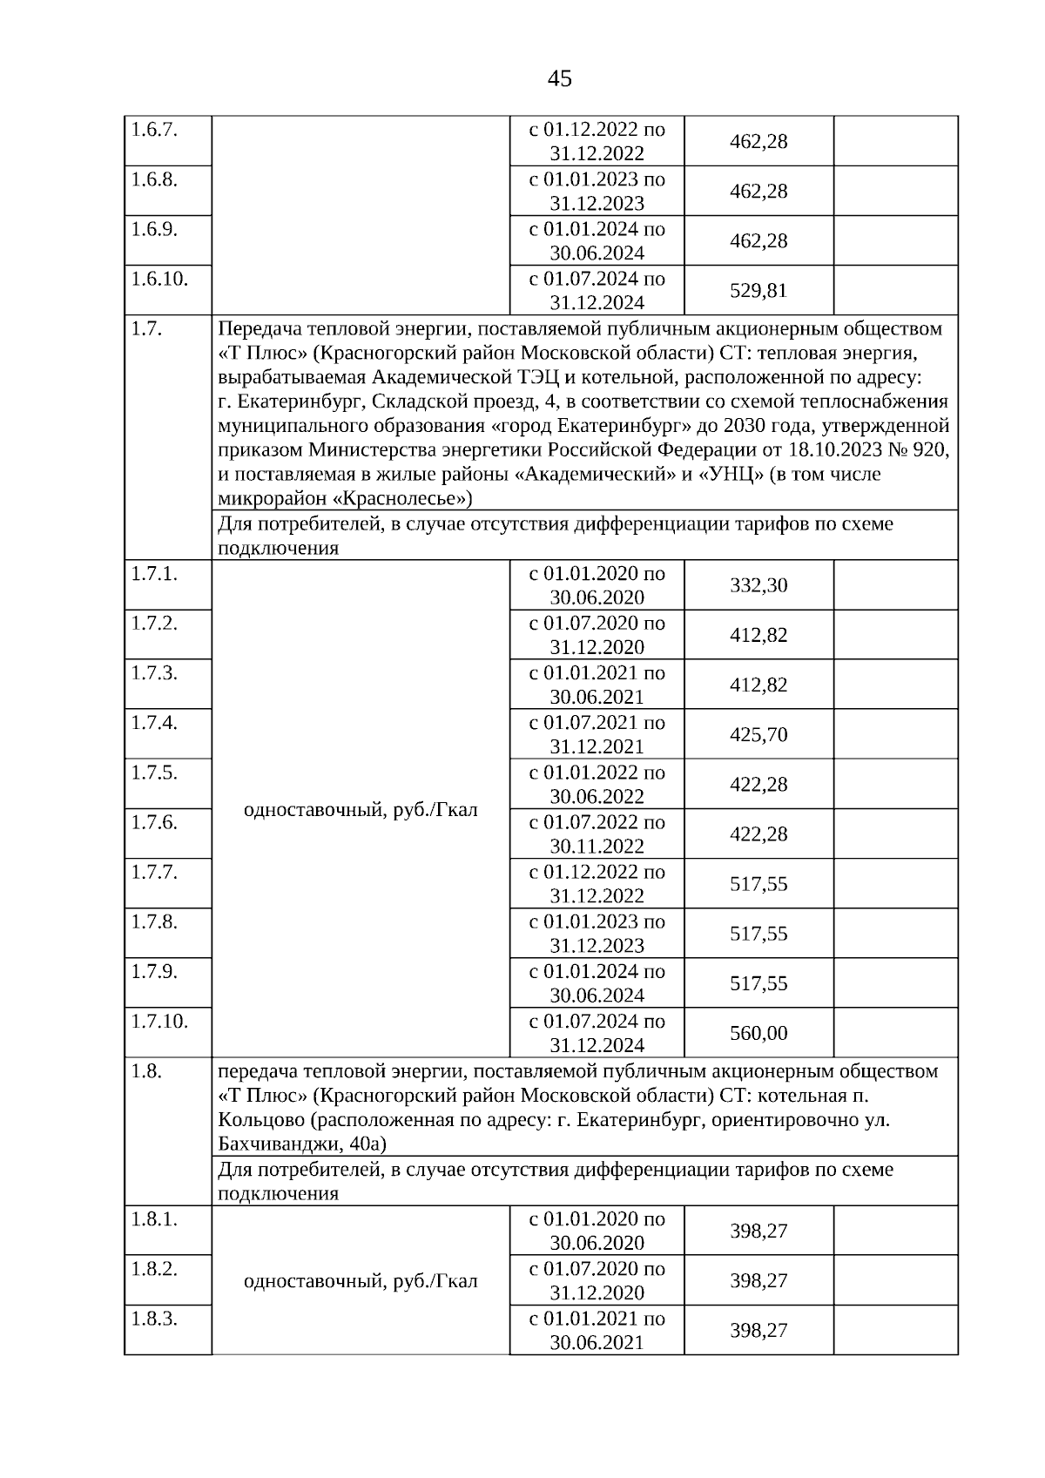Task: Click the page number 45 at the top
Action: [559, 79]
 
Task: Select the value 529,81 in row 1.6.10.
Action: [758, 291]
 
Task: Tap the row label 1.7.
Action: [146, 329]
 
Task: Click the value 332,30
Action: [758, 585]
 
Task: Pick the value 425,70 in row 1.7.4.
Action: [758, 735]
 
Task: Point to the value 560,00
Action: [758, 1034]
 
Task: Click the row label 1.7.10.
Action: [159, 1021]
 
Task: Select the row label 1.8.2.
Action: [154, 1269]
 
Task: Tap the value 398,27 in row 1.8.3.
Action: [758, 1331]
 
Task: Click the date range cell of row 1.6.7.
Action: [597, 141]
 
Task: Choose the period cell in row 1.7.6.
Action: [597, 834]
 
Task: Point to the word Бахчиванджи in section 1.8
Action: [270, 1144]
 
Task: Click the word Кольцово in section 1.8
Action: [257, 1120]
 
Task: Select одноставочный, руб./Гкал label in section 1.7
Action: [361, 810]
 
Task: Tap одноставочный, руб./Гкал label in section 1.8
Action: [361, 1281]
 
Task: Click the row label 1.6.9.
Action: [154, 229]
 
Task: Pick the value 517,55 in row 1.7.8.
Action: [758, 935]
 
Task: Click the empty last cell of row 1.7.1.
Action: [895, 585]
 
